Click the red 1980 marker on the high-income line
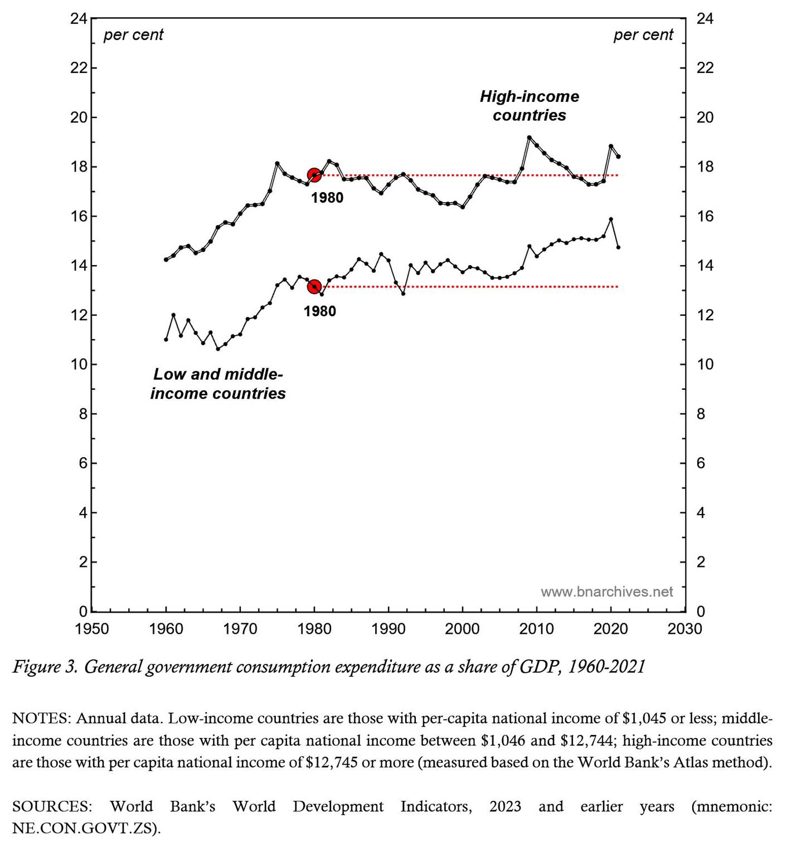click(314, 175)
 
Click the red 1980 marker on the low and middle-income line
click(314, 287)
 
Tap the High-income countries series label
click(529, 106)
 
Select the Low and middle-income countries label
click(218, 384)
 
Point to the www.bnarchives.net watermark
click(606, 591)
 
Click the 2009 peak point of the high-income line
click(529, 138)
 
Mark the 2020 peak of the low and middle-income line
click(611, 219)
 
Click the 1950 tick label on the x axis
click(92, 629)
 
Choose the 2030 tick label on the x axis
click(684, 629)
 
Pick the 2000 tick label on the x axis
click(462, 629)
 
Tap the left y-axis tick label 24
click(79, 19)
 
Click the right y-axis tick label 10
click(705, 365)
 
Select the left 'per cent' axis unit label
click(133, 35)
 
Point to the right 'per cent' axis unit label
click(643, 35)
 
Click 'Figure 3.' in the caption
click(45, 667)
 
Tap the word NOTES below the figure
click(41, 718)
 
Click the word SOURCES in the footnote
click(52, 807)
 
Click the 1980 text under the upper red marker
click(327, 198)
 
